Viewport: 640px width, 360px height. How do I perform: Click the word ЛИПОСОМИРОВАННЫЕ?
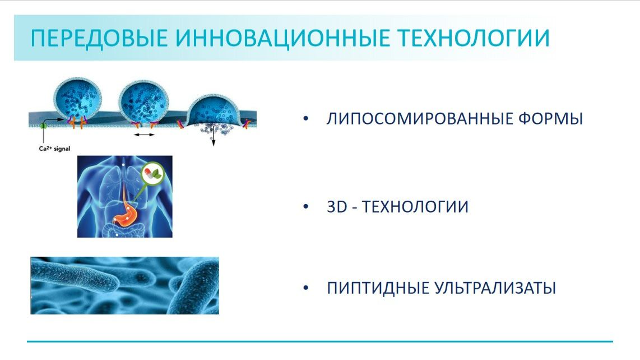click(414, 119)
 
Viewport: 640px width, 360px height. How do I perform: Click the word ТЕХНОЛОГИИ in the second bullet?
click(415, 207)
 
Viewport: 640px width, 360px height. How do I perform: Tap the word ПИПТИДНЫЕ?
click(378, 289)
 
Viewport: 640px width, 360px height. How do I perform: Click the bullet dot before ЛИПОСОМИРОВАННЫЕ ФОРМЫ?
click(305, 119)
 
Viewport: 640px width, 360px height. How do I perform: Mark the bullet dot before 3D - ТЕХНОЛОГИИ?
click(305, 207)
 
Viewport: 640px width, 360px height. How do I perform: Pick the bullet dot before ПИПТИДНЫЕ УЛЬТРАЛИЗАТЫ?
click(305, 289)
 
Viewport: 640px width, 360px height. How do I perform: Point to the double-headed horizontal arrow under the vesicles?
click(145, 135)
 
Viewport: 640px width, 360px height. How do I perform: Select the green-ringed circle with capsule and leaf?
click(152, 174)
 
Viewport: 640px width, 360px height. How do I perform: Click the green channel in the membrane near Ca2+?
click(43, 126)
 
